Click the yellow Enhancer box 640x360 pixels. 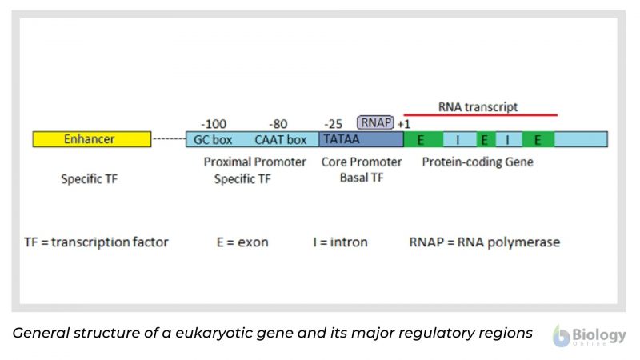[91, 139]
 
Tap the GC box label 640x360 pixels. [212, 139]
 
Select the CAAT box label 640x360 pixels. [280, 139]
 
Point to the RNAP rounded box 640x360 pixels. [375, 122]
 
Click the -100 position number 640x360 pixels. [213, 124]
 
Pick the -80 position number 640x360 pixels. [278, 124]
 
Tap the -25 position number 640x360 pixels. [334, 124]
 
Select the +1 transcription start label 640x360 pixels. [404, 124]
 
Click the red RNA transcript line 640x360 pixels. [480, 115]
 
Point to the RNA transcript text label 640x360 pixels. [478, 106]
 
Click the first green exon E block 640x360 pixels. [422, 139]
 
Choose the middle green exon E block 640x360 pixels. [485, 139]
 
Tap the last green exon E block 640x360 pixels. [538, 139]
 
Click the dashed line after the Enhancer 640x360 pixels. [168, 139]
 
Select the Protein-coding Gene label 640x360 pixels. [478, 162]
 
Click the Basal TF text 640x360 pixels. [362, 178]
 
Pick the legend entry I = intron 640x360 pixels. [340, 242]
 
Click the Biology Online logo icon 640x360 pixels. [562, 335]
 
